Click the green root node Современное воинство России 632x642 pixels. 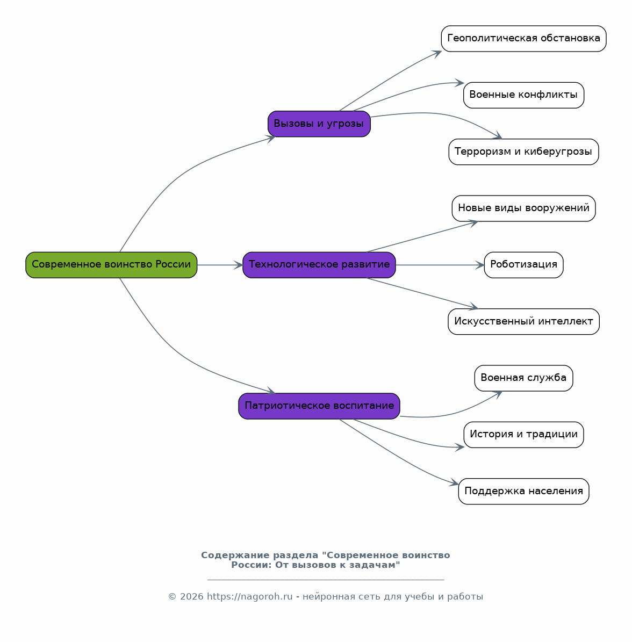pos(111,265)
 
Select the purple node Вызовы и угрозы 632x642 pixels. pos(319,124)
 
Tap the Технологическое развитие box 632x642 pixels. pos(319,265)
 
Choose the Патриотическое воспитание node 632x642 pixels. pos(319,406)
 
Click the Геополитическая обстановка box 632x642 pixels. pos(523,39)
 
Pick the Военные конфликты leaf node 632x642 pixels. pos(523,95)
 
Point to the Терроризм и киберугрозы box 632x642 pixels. pos(523,152)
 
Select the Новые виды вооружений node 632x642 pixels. pos(523,208)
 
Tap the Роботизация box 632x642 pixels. pos(523,265)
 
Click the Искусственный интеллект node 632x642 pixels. pos(523,321)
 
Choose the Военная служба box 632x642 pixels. pos(523,378)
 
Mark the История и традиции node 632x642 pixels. pos(523,435)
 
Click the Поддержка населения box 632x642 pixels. pos(523,492)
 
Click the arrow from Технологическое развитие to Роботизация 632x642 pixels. pos(440,265)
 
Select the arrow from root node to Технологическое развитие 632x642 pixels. pos(220,265)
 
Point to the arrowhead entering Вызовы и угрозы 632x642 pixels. pos(271,139)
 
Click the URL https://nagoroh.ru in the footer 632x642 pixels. pos(249,596)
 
